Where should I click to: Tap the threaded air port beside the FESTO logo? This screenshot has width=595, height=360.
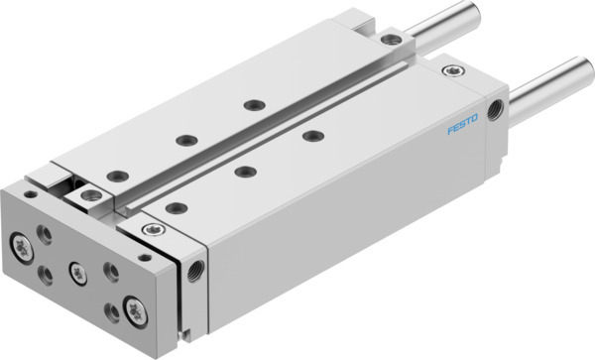pyautogui.click(x=494, y=104)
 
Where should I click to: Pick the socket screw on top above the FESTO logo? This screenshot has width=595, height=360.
pyautogui.click(x=455, y=71)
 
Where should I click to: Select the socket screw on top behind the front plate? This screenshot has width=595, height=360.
pyautogui.click(x=152, y=230)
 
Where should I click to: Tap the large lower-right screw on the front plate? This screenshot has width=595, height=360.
pyautogui.click(x=131, y=304)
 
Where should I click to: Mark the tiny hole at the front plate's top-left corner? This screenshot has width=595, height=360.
pyautogui.click(x=28, y=196)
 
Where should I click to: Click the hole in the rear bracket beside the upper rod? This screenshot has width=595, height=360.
pyautogui.click(x=397, y=39)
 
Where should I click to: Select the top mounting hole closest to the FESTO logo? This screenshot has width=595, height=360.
pyautogui.click(x=313, y=135)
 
